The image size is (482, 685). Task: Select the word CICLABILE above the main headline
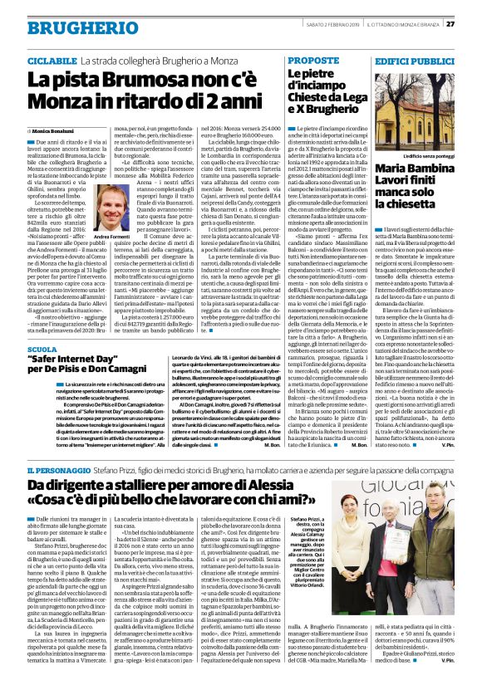(x=52, y=61)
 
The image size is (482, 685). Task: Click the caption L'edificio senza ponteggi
(x=427, y=155)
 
